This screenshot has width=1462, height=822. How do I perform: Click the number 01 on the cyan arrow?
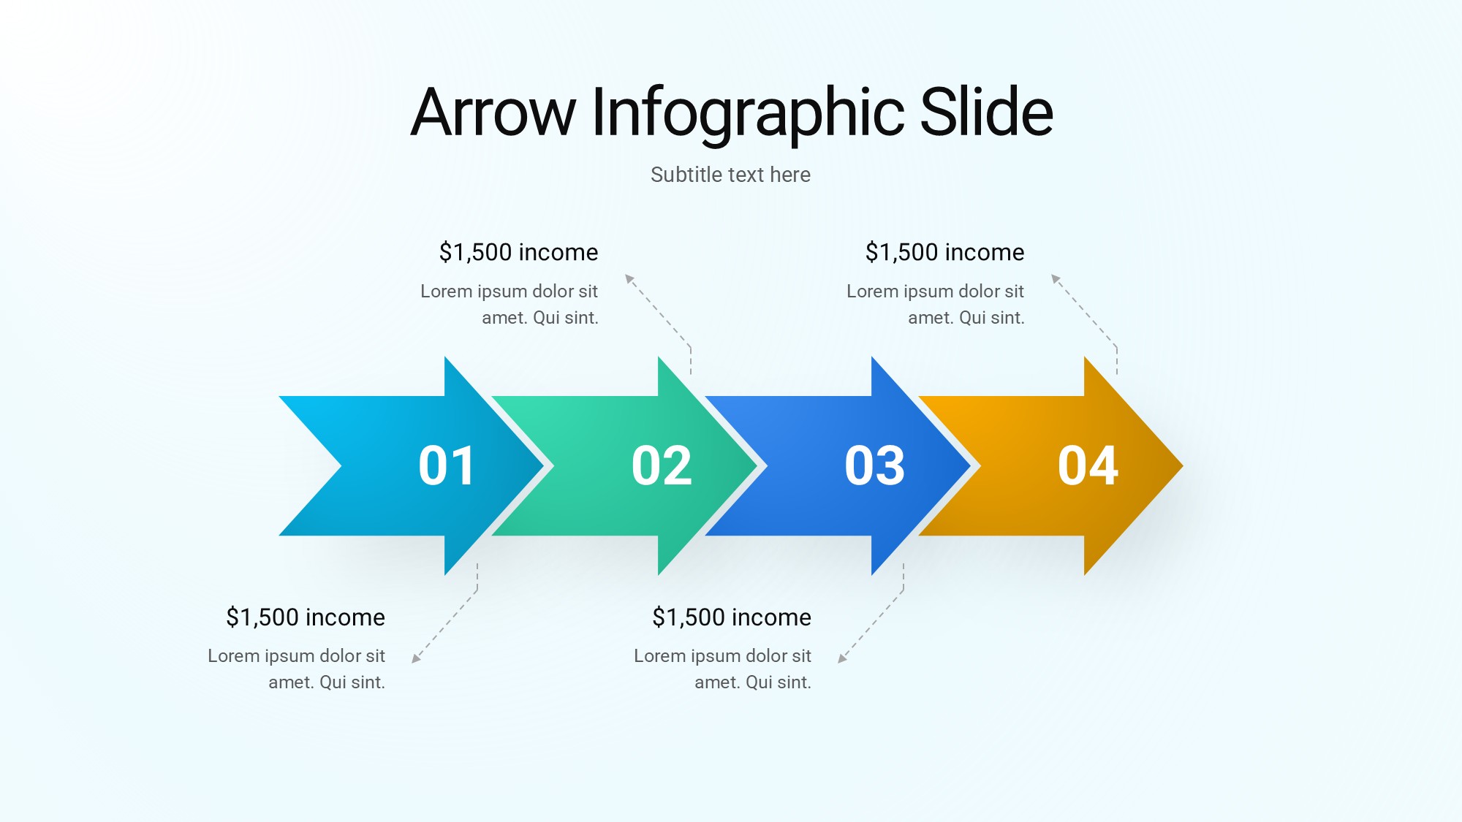point(447,465)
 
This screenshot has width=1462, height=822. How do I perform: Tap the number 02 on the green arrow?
point(662,465)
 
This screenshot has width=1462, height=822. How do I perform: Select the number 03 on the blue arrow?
point(874,465)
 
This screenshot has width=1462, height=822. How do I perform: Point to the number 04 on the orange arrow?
point(1088,465)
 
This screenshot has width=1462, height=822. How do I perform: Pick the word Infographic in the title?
point(749,115)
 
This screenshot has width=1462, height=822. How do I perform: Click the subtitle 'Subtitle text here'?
point(730,175)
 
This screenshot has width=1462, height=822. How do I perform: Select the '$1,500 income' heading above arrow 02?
point(518,252)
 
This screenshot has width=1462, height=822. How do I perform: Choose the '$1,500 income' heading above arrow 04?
point(944,252)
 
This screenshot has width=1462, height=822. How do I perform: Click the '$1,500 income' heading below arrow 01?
point(306,617)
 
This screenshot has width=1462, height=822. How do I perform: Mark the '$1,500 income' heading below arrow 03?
point(732,617)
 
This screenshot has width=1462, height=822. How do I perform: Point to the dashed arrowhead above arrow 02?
point(629,278)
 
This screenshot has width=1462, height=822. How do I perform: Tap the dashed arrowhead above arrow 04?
point(1056,278)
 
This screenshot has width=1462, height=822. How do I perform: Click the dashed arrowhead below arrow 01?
point(416,658)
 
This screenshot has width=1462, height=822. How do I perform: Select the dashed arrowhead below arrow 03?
point(842,658)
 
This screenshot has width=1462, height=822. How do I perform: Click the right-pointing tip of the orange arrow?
point(1182,465)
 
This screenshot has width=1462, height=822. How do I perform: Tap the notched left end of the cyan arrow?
point(341,465)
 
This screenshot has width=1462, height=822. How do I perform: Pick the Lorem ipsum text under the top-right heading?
point(936,304)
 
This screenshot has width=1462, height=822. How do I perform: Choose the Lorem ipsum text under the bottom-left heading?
point(296,669)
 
